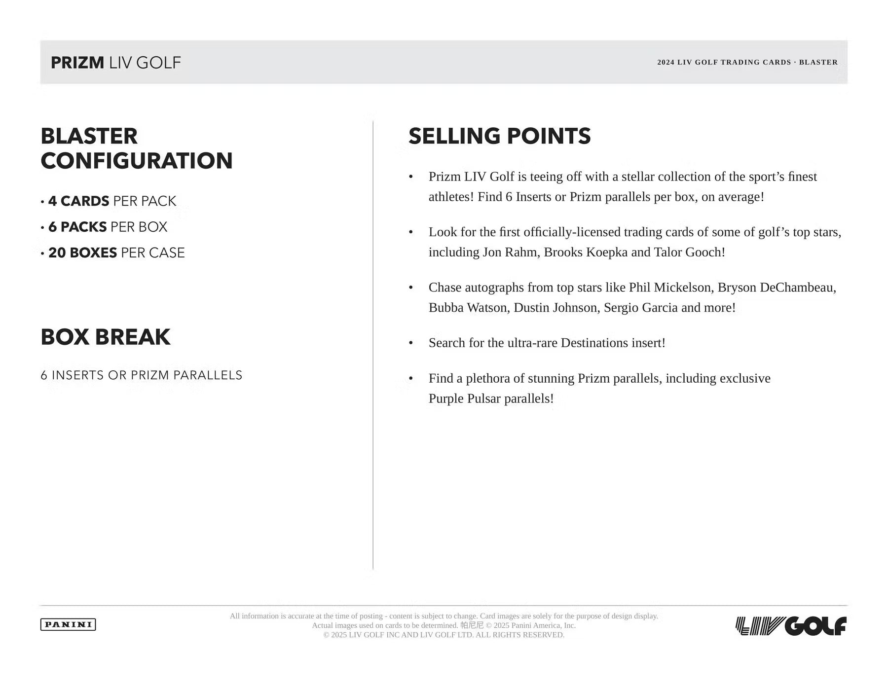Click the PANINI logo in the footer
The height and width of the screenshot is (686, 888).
click(x=68, y=624)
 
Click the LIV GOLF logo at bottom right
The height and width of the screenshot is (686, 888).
click(x=791, y=626)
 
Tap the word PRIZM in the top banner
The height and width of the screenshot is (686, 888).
click(x=77, y=63)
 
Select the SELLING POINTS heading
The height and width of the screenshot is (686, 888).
click(x=499, y=136)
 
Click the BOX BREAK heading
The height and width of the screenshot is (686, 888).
click(x=106, y=337)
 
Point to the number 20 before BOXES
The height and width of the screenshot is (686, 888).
click(x=57, y=253)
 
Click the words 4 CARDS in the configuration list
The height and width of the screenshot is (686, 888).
click(x=79, y=201)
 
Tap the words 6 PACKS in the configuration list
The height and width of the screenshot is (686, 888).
click(x=77, y=227)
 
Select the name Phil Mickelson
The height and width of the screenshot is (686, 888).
click(x=671, y=288)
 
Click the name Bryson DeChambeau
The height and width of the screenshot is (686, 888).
click(x=777, y=288)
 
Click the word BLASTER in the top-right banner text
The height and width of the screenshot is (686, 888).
click(x=818, y=63)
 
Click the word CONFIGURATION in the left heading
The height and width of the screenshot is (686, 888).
click(x=137, y=161)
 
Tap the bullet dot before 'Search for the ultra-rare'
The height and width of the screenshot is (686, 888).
click(x=411, y=343)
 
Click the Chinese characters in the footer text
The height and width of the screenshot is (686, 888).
click(x=472, y=625)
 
